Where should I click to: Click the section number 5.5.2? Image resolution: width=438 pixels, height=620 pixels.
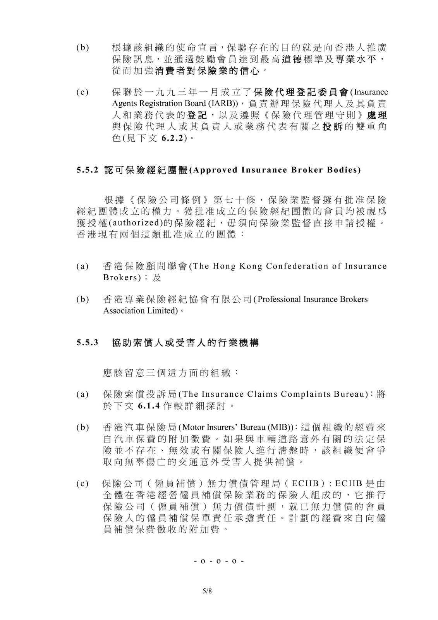coord(88,170)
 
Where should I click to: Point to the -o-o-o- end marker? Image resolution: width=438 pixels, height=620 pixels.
coord(219,561)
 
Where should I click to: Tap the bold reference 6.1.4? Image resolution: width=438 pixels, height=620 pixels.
coord(149,406)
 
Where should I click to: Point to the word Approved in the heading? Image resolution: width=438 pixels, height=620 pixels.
coord(211,170)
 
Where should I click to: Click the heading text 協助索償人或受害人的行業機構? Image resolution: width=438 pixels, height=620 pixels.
coord(185,343)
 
